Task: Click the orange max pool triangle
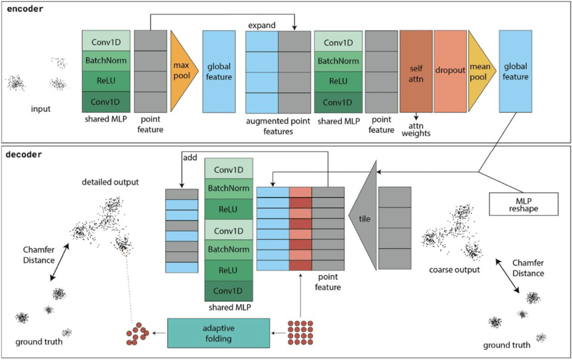pyautogui.click(x=182, y=71)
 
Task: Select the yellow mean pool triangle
pyautogui.click(x=479, y=71)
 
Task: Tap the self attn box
pyautogui.click(x=416, y=71)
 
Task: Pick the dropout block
pyautogui.click(x=450, y=71)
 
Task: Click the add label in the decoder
pyautogui.click(x=190, y=157)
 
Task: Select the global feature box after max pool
pyautogui.click(x=218, y=71)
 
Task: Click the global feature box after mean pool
pyautogui.click(x=514, y=71)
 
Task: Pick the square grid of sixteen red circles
pyautogui.click(x=300, y=333)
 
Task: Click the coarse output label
pyautogui.click(x=454, y=271)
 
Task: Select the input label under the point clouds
pyautogui.click(x=41, y=109)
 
